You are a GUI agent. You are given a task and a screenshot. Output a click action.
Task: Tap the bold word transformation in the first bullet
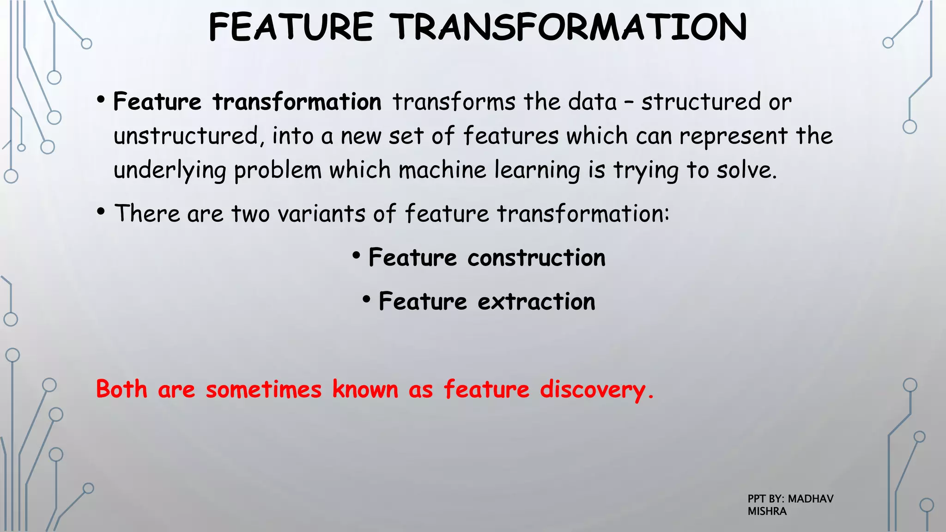point(297,102)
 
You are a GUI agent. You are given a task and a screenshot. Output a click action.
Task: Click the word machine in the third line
point(443,170)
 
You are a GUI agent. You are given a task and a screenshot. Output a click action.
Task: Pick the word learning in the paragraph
point(537,170)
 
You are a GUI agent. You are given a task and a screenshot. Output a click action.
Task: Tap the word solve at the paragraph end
point(746,170)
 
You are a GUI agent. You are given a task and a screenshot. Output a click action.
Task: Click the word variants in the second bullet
point(321,214)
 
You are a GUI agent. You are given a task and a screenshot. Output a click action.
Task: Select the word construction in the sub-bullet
point(536,258)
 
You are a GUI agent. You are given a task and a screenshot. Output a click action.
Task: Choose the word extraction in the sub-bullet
point(536,302)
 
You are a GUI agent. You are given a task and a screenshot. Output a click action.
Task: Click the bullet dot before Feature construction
point(356,255)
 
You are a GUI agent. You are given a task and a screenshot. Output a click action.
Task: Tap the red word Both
point(121,389)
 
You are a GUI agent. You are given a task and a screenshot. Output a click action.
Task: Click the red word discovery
point(596,389)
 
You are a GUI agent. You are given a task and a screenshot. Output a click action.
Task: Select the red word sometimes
point(263,389)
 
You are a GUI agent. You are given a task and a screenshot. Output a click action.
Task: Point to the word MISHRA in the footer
point(767,511)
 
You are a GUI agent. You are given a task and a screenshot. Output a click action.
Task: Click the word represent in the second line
point(733,136)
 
